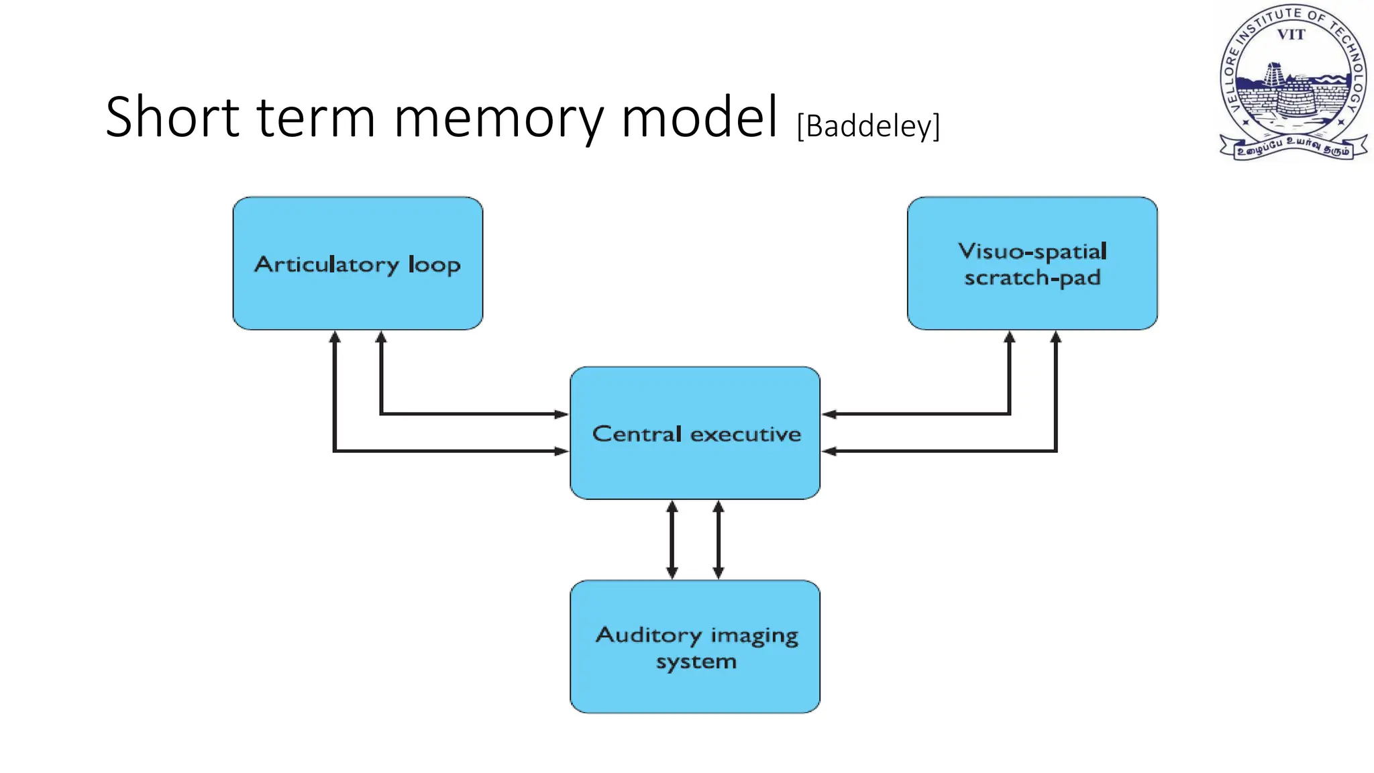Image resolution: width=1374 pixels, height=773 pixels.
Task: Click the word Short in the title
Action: (172, 118)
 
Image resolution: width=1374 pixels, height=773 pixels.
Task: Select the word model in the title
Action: (699, 118)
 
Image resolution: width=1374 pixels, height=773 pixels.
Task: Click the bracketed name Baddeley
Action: (868, 126)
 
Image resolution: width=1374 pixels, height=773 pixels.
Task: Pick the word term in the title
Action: (315, 118)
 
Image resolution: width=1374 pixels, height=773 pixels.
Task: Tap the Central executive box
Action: (695, 470)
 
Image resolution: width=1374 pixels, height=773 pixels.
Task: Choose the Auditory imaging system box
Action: (695, 691)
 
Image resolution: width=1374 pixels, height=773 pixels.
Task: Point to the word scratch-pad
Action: (1033, 278)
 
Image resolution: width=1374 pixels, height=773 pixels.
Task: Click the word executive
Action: (745, 434)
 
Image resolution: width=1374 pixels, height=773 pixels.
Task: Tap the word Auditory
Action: (648, 635)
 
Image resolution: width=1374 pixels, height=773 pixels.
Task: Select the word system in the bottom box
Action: (696, 662)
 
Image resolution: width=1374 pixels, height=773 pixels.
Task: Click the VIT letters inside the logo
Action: (1291, 35)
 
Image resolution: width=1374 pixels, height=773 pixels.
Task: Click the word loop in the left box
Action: (434, 265)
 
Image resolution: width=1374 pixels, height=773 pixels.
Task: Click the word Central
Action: (637, 434)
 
